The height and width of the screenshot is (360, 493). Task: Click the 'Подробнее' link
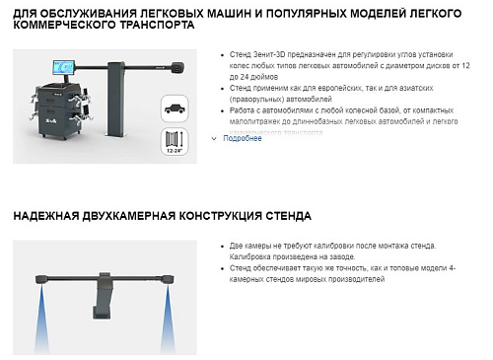point(243,139)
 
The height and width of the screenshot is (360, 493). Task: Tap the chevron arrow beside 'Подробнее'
point(214,139)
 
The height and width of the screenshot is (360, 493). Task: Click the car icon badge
point(175,108)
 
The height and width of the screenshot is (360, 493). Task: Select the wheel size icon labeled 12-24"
point(175,140)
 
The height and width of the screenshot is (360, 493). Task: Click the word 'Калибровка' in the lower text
point(249,255)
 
